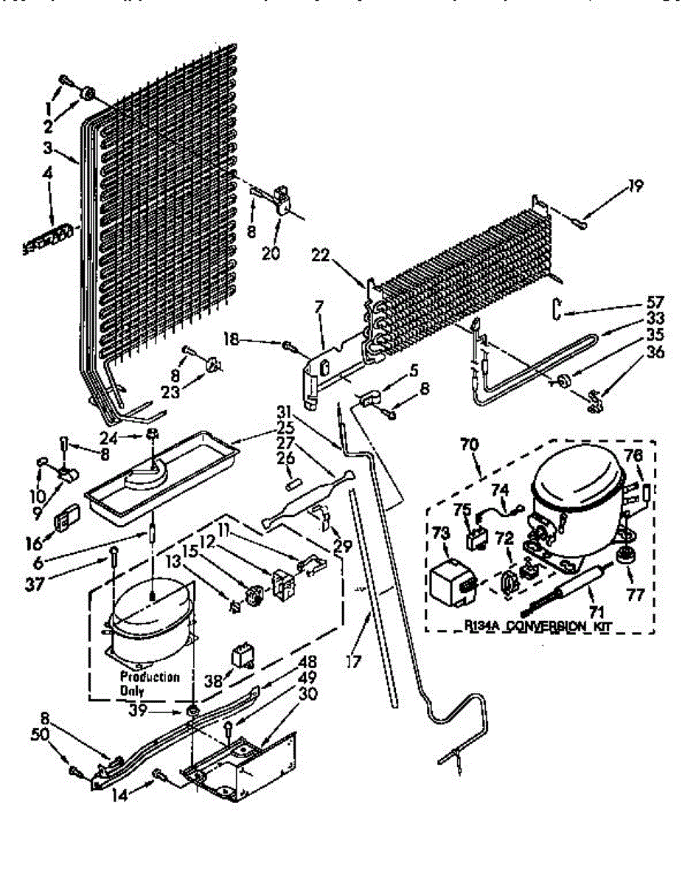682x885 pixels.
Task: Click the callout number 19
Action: point(635,185)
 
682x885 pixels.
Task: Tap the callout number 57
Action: point(655,302)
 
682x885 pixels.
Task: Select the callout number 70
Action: point(470,445)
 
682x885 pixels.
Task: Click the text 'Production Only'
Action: point(150,683)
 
